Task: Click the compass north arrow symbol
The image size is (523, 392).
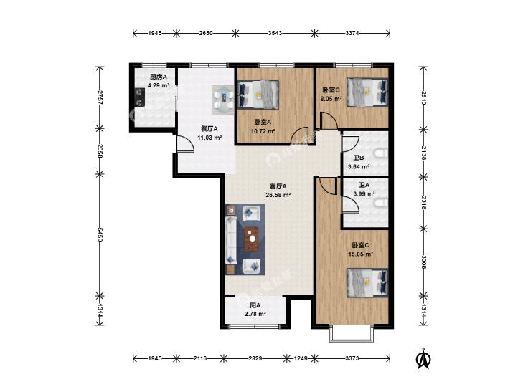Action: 423,358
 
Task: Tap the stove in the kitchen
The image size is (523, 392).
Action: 139,97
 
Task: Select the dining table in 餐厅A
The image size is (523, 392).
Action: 223,100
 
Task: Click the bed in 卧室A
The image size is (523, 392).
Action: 258,95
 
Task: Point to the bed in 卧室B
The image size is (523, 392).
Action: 367,92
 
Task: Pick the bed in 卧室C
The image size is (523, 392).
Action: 367,283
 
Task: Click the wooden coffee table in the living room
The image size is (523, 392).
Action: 253,239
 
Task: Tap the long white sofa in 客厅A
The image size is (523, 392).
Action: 231,240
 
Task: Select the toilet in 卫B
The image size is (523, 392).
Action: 381,154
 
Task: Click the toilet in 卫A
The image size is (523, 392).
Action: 381,203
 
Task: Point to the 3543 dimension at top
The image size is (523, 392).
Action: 275,33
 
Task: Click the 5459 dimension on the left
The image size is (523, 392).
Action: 99,235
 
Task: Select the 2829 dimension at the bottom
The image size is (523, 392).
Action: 255,358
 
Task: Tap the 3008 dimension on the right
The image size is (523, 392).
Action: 423,262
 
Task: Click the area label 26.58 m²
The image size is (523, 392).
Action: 278,195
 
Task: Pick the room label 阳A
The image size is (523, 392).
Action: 255,305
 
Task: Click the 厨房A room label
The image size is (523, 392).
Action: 157,77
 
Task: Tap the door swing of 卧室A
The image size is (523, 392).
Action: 299,136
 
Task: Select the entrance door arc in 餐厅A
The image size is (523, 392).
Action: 185,144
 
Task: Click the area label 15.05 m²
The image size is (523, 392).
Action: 360,254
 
